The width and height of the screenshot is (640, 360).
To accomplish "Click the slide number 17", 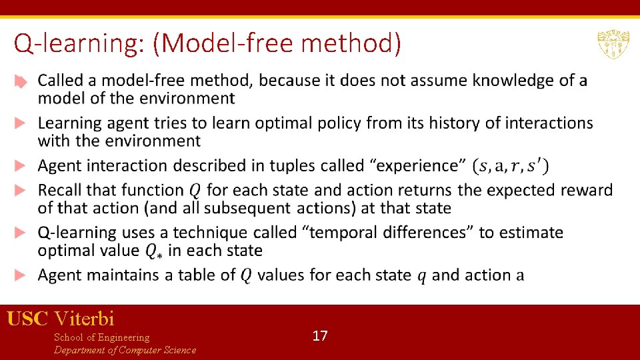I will tap(320, 335).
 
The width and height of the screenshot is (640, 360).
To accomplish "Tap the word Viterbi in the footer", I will tap(85, 318).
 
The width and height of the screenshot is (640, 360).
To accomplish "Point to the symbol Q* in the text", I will tap(154, 251).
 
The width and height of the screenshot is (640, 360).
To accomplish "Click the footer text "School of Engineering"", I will tap(101, 337).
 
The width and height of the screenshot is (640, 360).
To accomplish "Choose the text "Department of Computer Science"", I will tap(125, 350).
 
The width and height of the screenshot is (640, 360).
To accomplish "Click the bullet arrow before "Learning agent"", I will tap(21, 123).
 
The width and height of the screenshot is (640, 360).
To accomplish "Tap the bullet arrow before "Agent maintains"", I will tap(21, 275).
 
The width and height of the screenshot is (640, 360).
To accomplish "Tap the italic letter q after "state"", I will tap(421, 275).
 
